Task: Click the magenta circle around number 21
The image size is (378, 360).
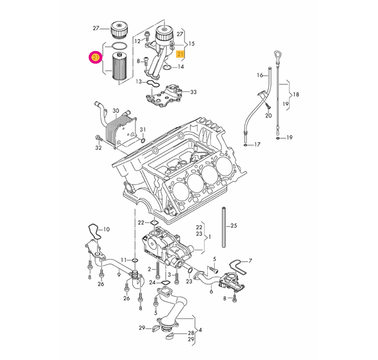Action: pyautogui.click(x=95, y=57)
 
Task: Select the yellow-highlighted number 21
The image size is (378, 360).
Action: pyautogui.click(x=181, y=55)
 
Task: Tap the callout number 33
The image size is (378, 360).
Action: pyautogui.click(x=193, y=92)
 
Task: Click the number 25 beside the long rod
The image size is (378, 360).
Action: pyautogui.click(x=233, y=226)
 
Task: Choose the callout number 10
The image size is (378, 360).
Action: pyautogui.click(x=106, y=229)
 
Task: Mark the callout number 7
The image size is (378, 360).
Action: pyautogui.click(x=249, y=261)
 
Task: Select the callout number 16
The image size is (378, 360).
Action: pyautogui.click(x=259, y=76)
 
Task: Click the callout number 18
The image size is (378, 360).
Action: pyautogui.click(x=296, y=94)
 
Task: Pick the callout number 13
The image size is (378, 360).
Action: pyautogui.click(x=138, y=82)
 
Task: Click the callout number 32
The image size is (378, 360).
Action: pyautogui.click(x=98, y=149)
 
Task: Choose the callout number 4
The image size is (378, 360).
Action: pyautogui.click(x=200, y=330)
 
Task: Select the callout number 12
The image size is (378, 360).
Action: pyautogui.click(x=137, y=41)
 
